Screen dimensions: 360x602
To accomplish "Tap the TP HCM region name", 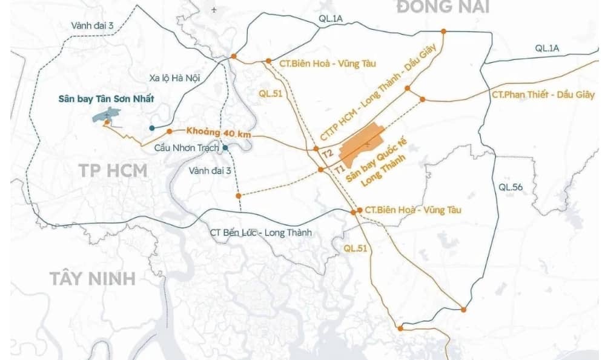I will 113,170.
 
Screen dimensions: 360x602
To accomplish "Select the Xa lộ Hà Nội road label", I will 174,78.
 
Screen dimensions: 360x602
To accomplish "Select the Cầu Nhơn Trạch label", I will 187,148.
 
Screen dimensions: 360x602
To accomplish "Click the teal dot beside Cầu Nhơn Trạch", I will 225,147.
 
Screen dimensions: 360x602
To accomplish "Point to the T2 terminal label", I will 328,154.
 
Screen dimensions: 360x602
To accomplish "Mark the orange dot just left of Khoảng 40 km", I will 170,130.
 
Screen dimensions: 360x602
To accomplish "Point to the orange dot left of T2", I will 316,148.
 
